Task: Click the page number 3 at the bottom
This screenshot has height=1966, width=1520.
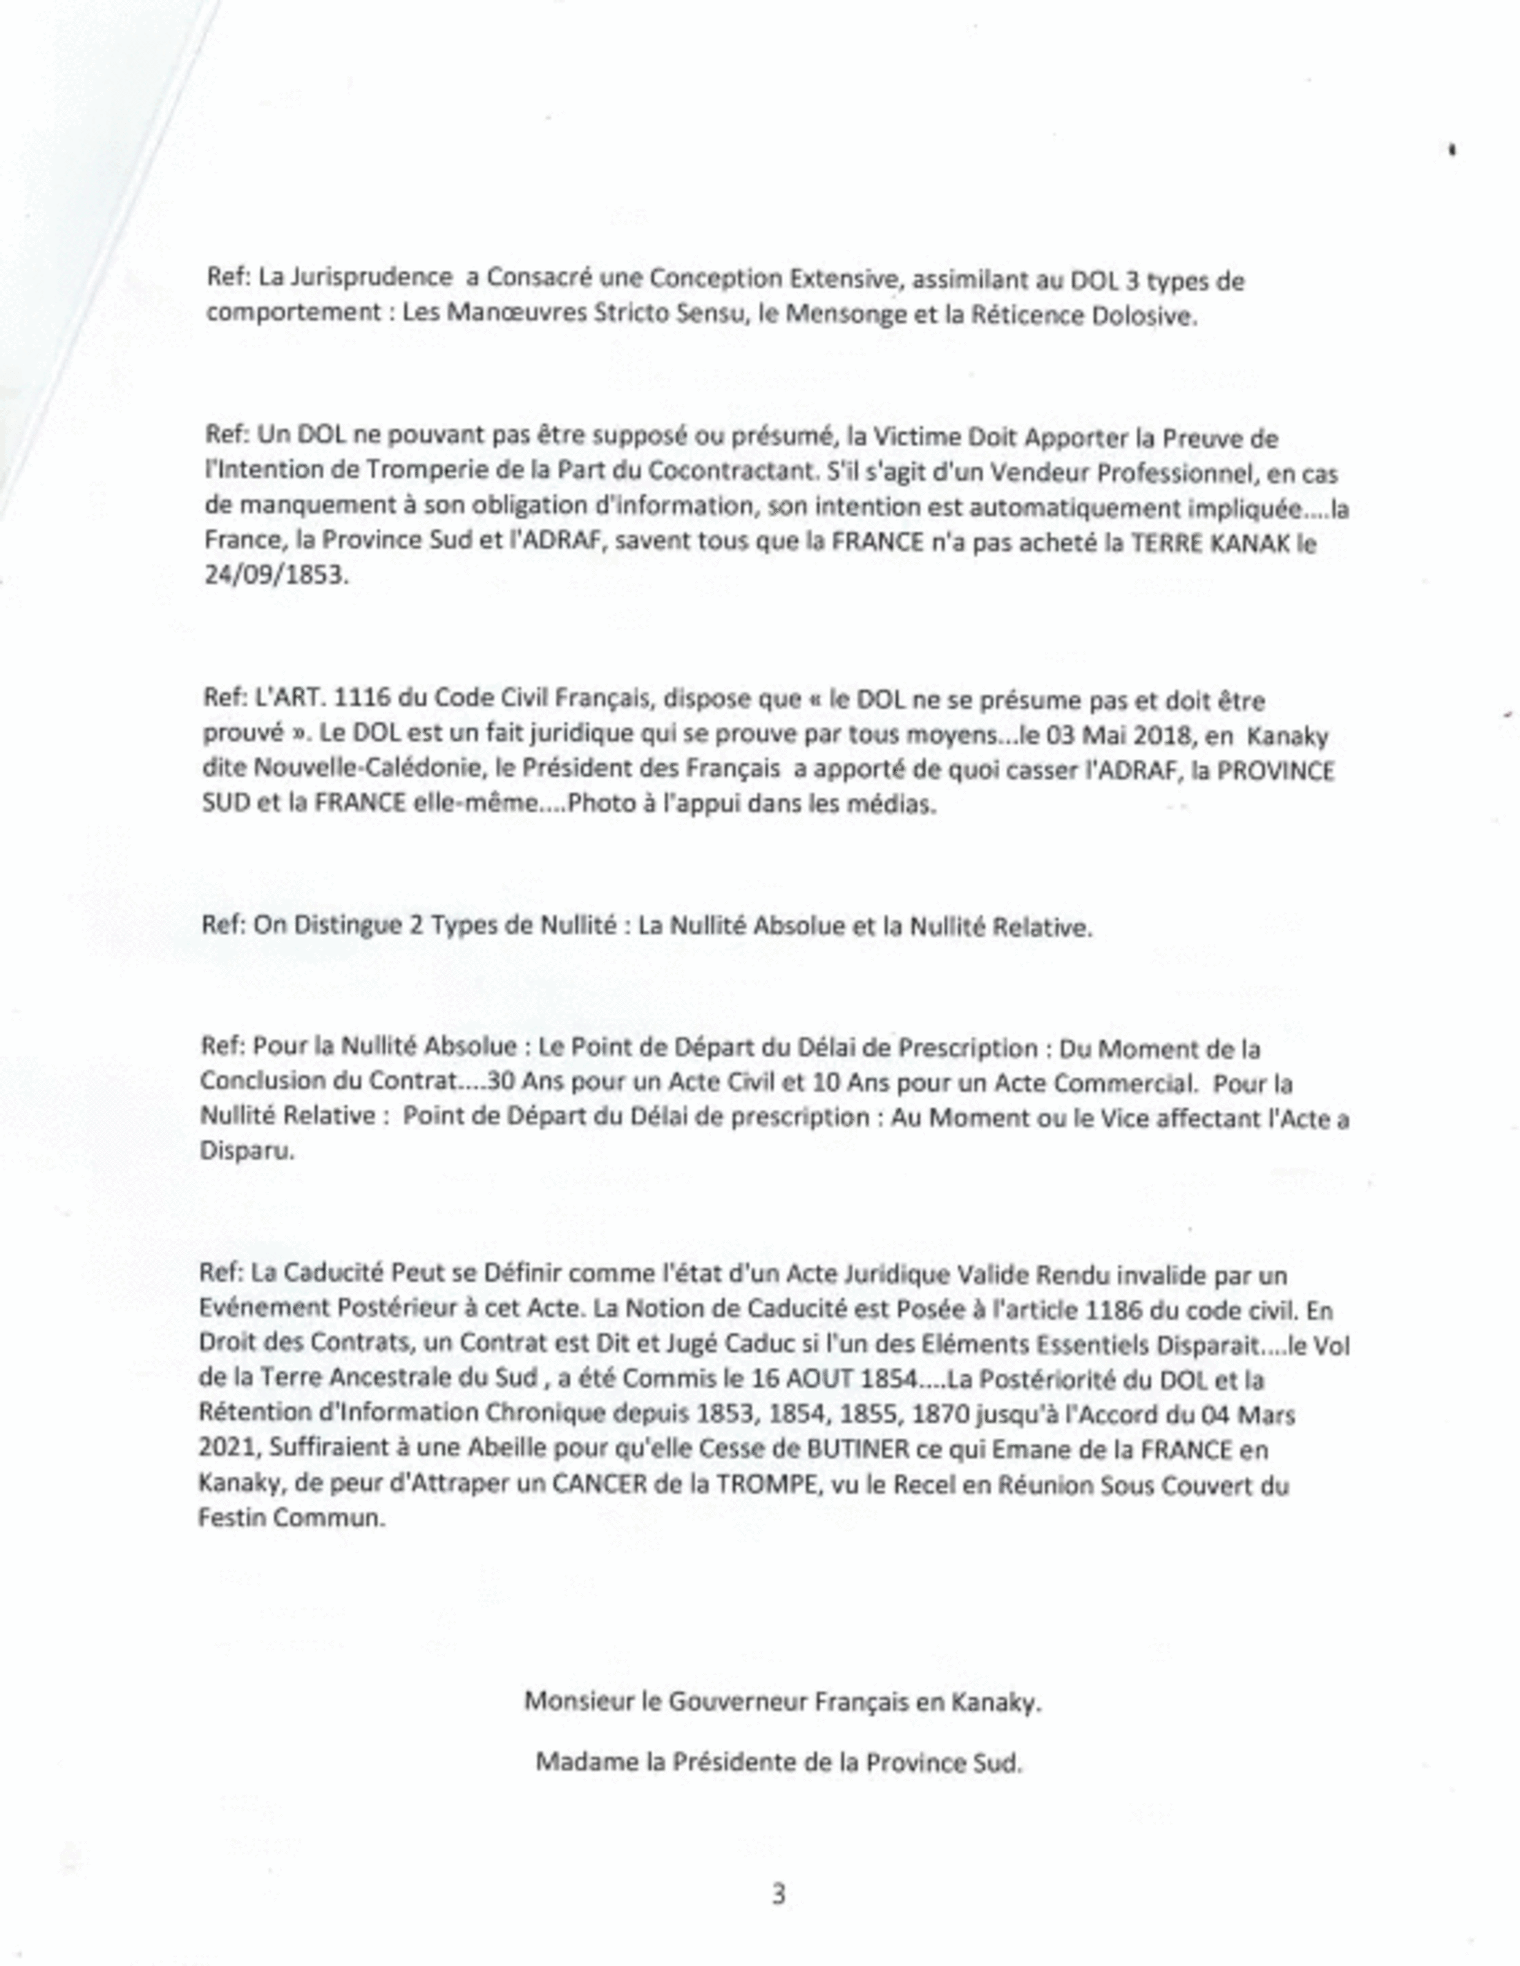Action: pyautogui.click(x=779, y=1895)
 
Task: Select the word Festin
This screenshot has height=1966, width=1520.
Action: pyautogui.click(x=232, y=1518)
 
